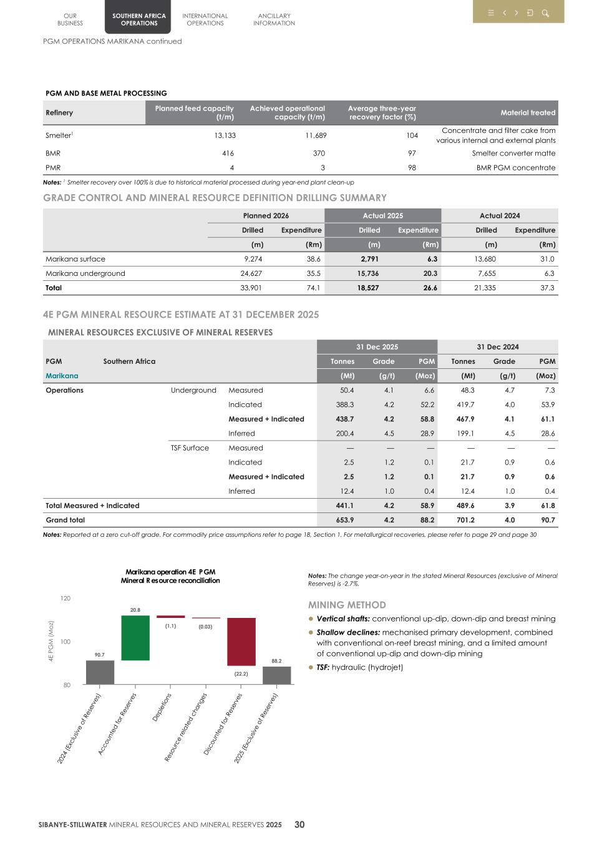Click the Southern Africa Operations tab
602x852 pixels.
[138, 19]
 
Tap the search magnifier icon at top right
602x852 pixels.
[545, 13]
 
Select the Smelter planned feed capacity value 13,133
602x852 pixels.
[225, 135]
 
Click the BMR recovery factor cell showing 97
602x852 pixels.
[412, 153]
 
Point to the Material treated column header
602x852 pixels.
[528, 113]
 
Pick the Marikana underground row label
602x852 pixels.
[85, 273]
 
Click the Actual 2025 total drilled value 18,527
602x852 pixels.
[368, 288]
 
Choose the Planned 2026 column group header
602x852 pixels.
[266, 216]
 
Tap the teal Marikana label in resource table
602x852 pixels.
[62, 376]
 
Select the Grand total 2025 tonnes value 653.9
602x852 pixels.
[344, 520]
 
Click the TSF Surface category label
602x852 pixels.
[190, 448]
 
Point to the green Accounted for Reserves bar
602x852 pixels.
[135, 637]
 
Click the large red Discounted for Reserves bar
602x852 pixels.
[241, 642]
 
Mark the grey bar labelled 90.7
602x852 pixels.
[100, 672]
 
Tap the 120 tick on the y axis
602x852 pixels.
[66, 599]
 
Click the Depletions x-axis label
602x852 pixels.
[162, 708]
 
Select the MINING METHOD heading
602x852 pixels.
[347, 605]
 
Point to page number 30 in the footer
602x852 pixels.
[299, 825]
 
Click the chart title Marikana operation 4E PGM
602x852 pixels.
[170, 572]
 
